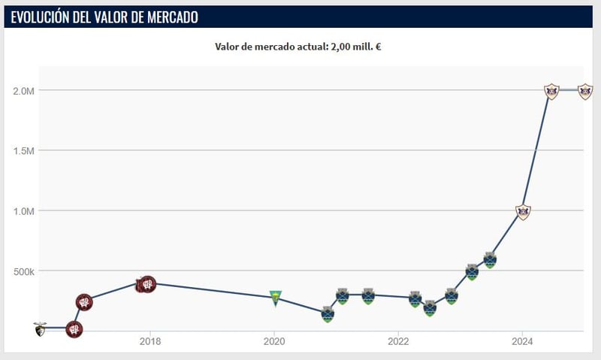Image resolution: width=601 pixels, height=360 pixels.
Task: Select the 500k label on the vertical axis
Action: click(23, 271)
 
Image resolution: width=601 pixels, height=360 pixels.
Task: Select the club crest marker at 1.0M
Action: click(524, 212)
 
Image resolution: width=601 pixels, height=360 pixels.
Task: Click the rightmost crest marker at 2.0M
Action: click(585, 92)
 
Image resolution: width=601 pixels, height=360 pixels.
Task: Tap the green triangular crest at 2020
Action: click(276, 298)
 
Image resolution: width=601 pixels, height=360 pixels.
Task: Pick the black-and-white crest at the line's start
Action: click(40, 328)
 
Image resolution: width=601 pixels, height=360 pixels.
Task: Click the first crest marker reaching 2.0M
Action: click(551, 92)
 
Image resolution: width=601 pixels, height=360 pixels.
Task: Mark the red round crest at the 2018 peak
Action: click(148, 284)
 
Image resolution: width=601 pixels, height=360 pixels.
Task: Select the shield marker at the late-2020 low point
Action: click(328, 314)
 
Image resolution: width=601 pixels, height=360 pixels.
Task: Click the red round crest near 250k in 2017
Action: click(85, 302)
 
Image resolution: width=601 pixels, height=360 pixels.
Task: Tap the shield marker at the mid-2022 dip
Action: click(430, 308)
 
